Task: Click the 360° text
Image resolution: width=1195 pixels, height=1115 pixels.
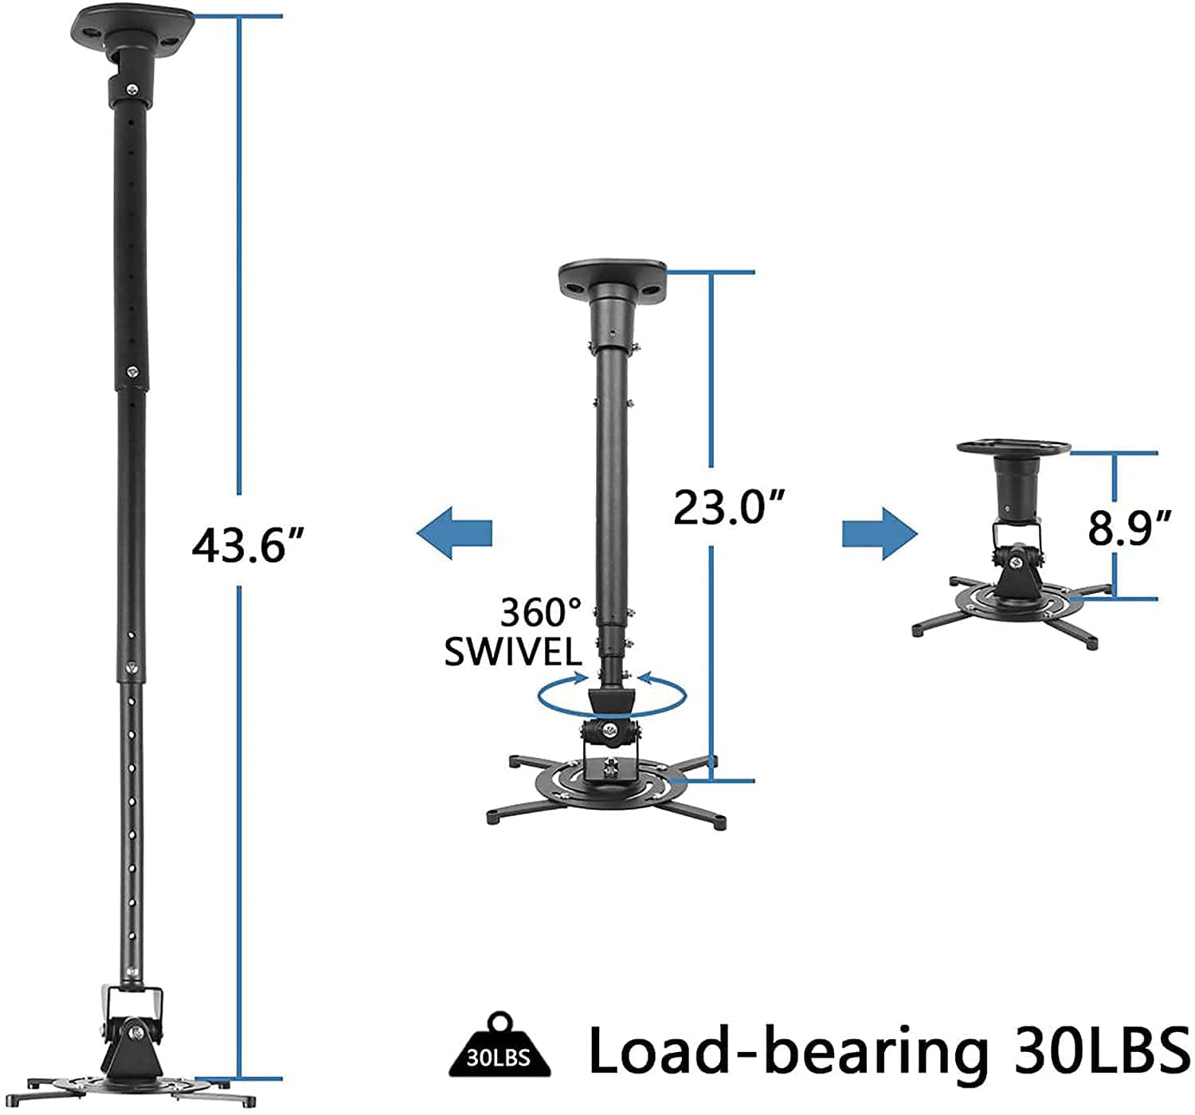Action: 542,613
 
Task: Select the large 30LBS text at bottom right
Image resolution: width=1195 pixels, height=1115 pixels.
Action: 1103,1050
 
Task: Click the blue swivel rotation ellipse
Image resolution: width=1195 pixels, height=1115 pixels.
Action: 612,695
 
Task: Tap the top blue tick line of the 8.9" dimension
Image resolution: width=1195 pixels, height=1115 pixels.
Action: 1113,453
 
